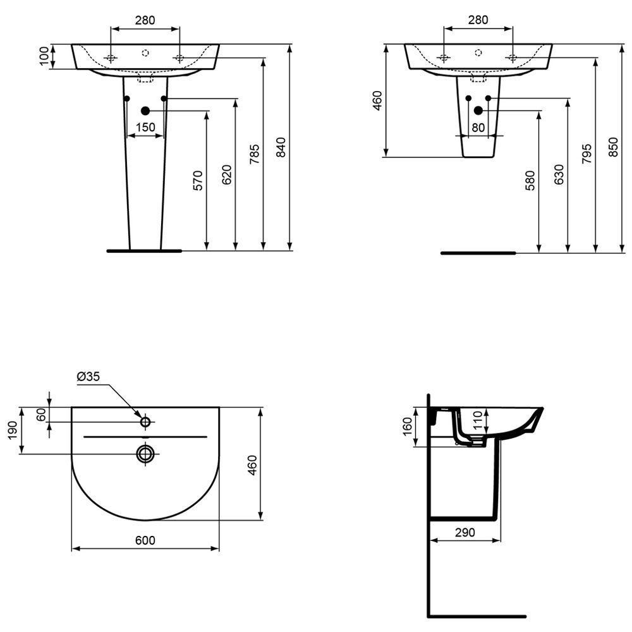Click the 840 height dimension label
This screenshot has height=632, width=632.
coord(281,147)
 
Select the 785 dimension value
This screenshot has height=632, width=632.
coord(254,154)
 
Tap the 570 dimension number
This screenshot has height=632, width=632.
coord(198,181)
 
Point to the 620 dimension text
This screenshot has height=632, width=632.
coord(227,174)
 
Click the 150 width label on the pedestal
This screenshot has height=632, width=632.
coord(145,128)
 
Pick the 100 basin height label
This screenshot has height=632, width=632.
coord(44,56)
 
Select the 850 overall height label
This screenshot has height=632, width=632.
coord(612,147)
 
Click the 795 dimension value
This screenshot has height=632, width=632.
coord(587,154)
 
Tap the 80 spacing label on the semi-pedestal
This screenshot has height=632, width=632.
coord(478,128)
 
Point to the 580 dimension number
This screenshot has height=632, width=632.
coord(530,181)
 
